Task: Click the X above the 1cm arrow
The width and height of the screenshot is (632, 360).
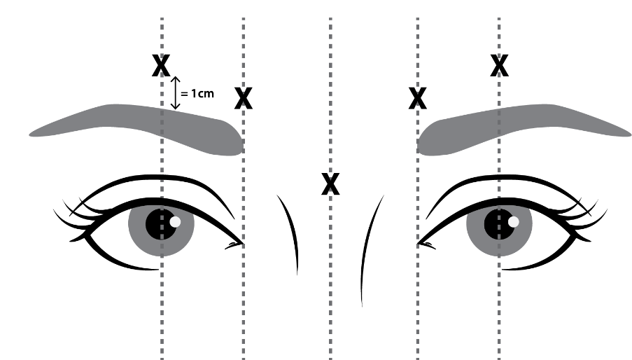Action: coord(162,65)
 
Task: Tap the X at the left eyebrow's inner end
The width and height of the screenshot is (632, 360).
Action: coord(243,99)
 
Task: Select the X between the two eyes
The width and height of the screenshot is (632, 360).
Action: coord(330,184)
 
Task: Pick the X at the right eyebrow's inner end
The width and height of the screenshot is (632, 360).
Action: coord(418,99)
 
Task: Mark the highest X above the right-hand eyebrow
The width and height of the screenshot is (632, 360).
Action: coord(499,65)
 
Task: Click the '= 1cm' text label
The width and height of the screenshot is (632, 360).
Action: coord(198,93)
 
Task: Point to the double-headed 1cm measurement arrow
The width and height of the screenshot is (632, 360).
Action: coord(176,93)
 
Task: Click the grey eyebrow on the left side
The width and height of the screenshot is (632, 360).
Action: coord(140,126)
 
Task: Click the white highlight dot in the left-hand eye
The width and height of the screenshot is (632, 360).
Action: coord(175,221)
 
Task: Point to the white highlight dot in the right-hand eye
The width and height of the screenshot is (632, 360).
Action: coord(514,221)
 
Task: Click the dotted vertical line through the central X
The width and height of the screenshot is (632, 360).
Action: coord(330,280)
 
